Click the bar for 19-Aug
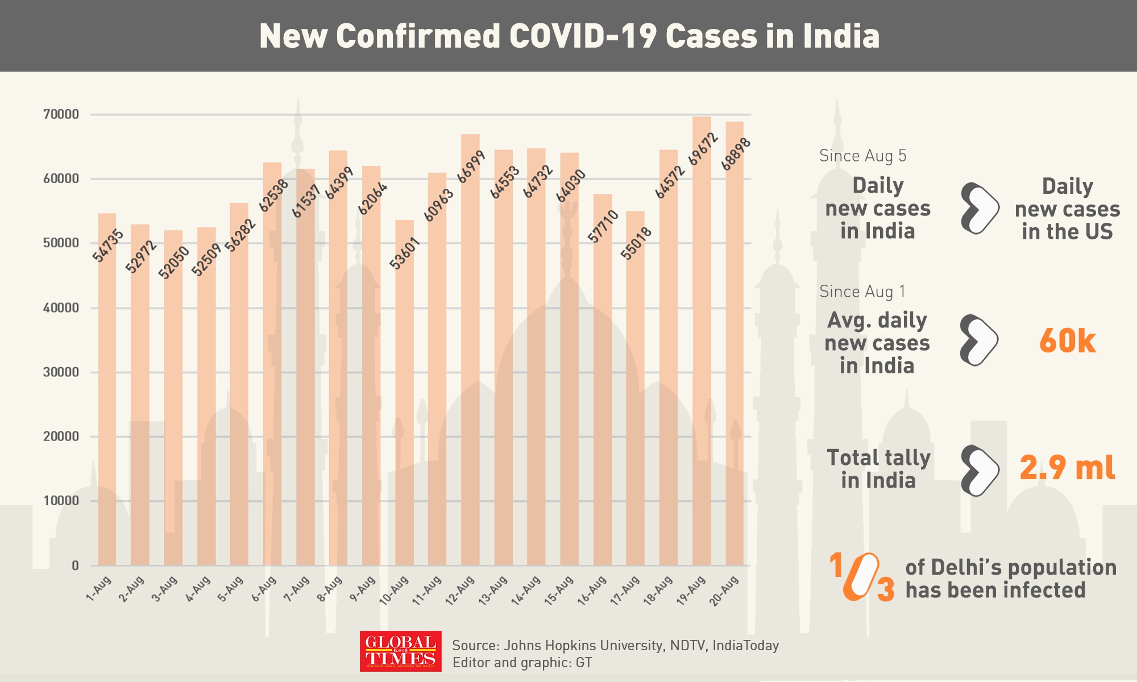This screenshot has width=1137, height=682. [x=702, y=341]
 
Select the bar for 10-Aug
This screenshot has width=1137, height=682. [x=404, y=392]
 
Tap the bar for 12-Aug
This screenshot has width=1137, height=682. [x=470, y=350]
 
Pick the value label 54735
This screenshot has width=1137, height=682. [x=108, y=246]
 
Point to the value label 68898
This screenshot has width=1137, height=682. [x=736, y=154]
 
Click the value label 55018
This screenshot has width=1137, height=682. [x=636, y=243]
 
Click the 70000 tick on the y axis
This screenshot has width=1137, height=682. [x=61, y=114]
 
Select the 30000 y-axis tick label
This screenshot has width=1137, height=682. [x=61, y=372]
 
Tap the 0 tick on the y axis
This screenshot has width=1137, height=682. [x=75, y=565]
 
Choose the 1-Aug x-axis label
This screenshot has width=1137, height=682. [x=99, y=588]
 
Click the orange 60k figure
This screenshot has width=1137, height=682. [x=1067, y=341]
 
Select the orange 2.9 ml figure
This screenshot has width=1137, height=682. [x=1067, y=468]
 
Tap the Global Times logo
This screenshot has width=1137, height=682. [x=400, y=651]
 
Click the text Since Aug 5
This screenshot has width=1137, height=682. [x=862, y=156]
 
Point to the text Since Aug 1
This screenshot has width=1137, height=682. [x=862, y=292]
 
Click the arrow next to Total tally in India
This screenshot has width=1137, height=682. [x=980, y=471]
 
